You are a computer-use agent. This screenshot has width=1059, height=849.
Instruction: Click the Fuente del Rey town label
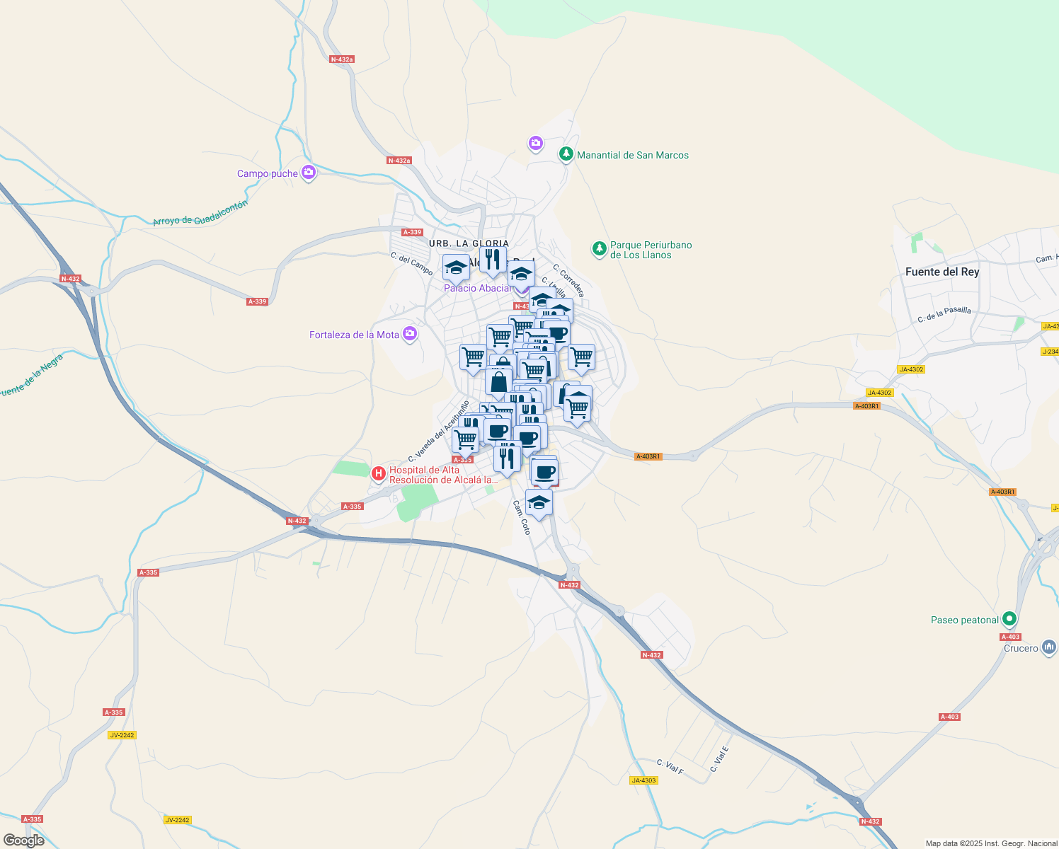click(942, 272)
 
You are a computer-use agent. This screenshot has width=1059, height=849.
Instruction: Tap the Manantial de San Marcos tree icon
click(566, 154)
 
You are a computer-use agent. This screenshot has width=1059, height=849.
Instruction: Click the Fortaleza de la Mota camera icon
click(409, 333)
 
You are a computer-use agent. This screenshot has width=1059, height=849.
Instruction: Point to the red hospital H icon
click(379, 473)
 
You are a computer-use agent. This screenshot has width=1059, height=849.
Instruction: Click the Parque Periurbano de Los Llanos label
click(651, 250)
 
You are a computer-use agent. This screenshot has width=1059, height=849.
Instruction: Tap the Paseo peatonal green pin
click(1009, 618)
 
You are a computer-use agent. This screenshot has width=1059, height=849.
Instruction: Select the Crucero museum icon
click(1048, 647)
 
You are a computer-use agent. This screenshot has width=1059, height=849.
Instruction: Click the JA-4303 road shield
click(643, 780)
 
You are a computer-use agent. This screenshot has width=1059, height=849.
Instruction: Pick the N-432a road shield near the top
click(342, 59)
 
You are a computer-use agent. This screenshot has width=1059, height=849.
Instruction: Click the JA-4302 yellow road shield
click(910, 369)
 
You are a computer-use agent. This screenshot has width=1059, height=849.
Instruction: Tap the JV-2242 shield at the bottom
click(177, 820)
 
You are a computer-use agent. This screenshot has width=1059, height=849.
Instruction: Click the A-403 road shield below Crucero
click(949, 717)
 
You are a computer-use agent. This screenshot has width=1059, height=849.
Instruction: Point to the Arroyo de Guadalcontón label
click(200, 213)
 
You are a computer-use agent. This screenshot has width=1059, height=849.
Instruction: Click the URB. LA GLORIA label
click(469, 243)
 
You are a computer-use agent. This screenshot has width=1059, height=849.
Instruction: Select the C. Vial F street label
click(670, 767)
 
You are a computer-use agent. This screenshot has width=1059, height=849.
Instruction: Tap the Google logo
click(24, 840)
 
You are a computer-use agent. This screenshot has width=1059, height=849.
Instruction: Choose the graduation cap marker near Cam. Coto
click(539, 503)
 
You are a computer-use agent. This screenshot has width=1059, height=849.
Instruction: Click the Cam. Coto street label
click(521, 517)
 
